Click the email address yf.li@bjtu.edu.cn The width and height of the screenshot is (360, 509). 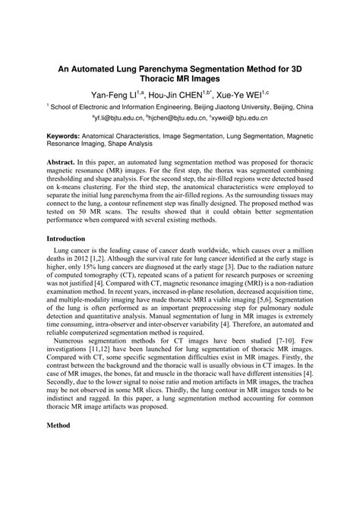(x=120, y=119)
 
